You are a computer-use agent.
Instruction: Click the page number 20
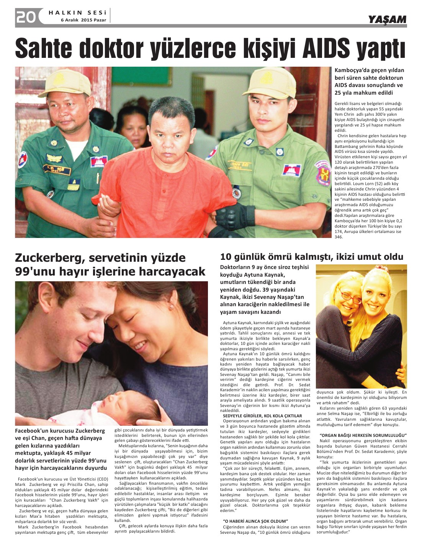(26, 17)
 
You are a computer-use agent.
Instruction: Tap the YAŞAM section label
(387, 19)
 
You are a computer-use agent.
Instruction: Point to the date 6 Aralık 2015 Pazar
(83, 20)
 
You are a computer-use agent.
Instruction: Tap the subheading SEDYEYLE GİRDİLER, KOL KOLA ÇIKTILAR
(262, 416)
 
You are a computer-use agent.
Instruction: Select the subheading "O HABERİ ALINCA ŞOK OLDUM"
(255, 521)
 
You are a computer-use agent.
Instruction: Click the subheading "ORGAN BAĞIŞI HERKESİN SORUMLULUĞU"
(363, 435)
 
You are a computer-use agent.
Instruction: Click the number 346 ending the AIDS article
(339, 237)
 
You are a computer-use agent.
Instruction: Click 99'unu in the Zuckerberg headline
(33, 272)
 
